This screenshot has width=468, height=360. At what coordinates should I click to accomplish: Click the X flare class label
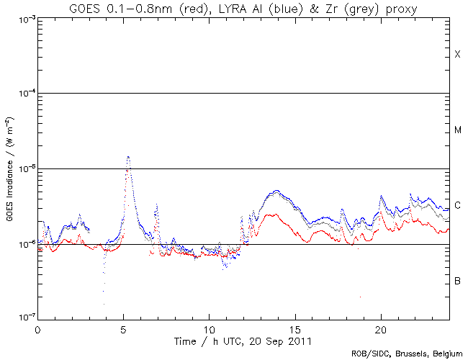(457, 55)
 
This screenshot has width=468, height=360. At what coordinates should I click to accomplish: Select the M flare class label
(457, 130)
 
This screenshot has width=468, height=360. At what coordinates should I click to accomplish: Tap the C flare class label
(457, 205)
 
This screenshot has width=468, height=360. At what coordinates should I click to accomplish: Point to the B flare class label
(457, 280)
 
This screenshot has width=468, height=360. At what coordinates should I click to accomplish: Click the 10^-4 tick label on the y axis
(22, 94)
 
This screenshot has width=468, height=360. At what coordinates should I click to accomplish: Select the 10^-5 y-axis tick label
(22, 168)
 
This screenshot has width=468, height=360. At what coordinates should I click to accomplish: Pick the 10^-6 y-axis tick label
(22, 244)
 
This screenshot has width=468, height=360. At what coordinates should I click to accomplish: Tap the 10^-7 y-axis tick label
(22, 318)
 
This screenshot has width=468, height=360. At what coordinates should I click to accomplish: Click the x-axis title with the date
(243, 339)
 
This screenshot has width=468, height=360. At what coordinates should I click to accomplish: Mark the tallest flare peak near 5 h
(128, 157)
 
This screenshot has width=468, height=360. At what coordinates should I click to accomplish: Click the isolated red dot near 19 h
(360, 297)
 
